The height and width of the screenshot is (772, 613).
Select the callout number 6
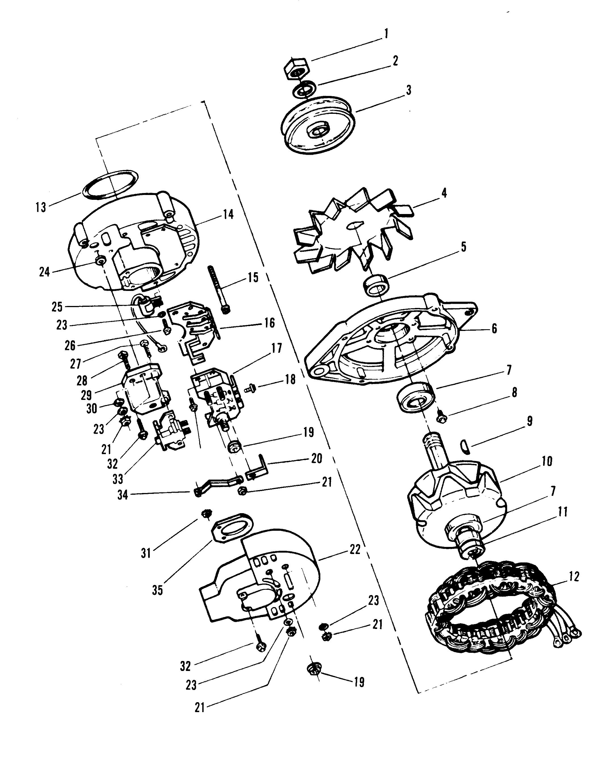(x=494, y=328)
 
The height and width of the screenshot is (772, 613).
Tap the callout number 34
(x=122, y=495)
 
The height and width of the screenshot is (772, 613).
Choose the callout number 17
(x=276, y=348)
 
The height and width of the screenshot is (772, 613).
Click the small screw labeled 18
(x=250, y=387)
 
